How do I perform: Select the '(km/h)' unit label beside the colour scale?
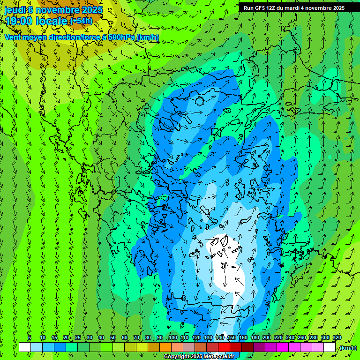[347, 348]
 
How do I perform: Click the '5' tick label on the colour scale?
[30, 337]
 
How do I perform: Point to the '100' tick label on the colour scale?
[172, 337]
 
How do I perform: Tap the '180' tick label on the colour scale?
[255, 337]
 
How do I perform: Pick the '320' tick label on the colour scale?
[337, 337]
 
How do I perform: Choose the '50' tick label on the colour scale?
[112, 337]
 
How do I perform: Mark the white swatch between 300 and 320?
[330, 347]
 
